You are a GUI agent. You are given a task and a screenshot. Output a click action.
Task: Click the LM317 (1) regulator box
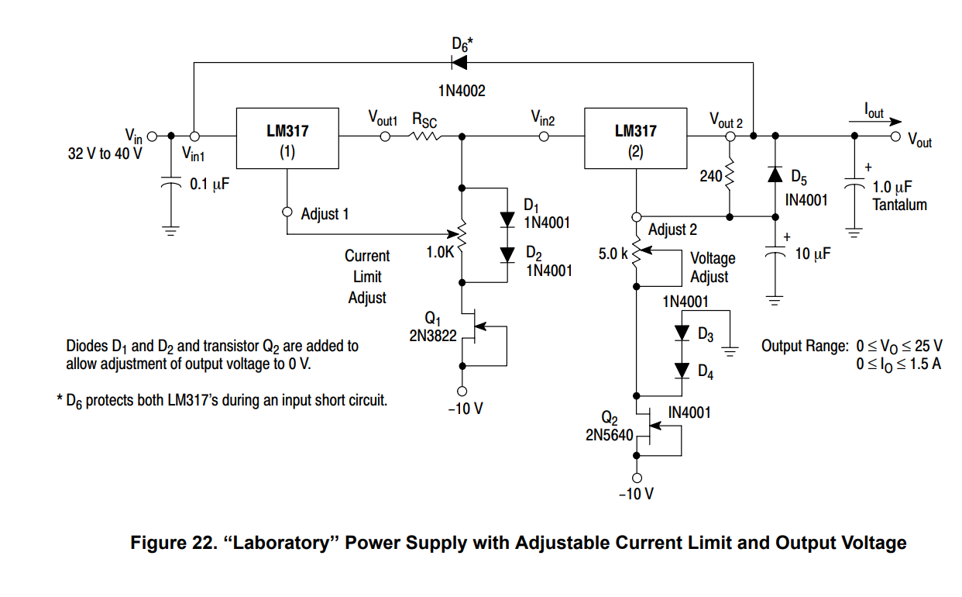(287, 138)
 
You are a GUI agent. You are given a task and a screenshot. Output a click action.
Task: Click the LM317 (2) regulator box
(635, 138)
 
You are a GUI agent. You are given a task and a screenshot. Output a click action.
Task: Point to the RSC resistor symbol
(424, 136)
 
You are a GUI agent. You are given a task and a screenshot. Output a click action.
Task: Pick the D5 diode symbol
(775, 174)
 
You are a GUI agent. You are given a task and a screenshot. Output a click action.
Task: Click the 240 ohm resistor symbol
(729, 177)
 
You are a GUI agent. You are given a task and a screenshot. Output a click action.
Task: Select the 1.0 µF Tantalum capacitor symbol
(854, 186)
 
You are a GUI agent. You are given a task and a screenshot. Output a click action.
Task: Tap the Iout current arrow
(883, 122)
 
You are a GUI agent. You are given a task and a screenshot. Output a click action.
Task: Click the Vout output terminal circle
(895, 137)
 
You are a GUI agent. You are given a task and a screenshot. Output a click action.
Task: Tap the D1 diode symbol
(508, 219)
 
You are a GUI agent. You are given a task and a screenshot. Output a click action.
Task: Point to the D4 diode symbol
(682, 370)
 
